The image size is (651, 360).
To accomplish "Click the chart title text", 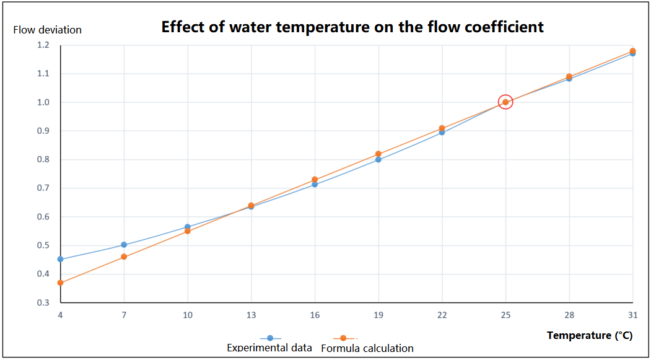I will [352, 27].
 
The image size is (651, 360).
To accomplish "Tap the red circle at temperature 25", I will [505, 102].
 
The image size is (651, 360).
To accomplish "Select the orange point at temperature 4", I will [60, 283].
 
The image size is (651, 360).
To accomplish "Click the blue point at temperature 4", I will [60, 259].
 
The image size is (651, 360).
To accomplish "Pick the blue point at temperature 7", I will [124, 245].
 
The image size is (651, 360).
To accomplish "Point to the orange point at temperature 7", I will [124, 257].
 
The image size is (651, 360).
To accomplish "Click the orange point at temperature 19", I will [378, 154].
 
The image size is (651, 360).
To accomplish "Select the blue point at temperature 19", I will [378, 160].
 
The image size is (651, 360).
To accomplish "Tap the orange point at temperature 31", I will [632, 51].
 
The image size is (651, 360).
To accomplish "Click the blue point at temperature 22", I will [442, 133].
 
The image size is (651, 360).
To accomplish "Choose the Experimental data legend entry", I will [269, 348].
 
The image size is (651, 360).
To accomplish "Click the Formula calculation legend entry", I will [367, 348].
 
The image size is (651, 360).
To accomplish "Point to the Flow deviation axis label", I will [47, 30].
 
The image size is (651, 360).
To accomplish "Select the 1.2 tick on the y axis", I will [43, 45].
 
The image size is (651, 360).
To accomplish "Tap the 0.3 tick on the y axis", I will [43, 303].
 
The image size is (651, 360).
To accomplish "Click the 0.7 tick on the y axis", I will [43, 188].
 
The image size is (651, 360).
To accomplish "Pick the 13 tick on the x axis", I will [251, 315].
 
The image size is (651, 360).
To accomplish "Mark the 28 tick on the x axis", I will [569, 315].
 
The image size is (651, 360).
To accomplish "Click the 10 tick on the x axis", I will [188, 315].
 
